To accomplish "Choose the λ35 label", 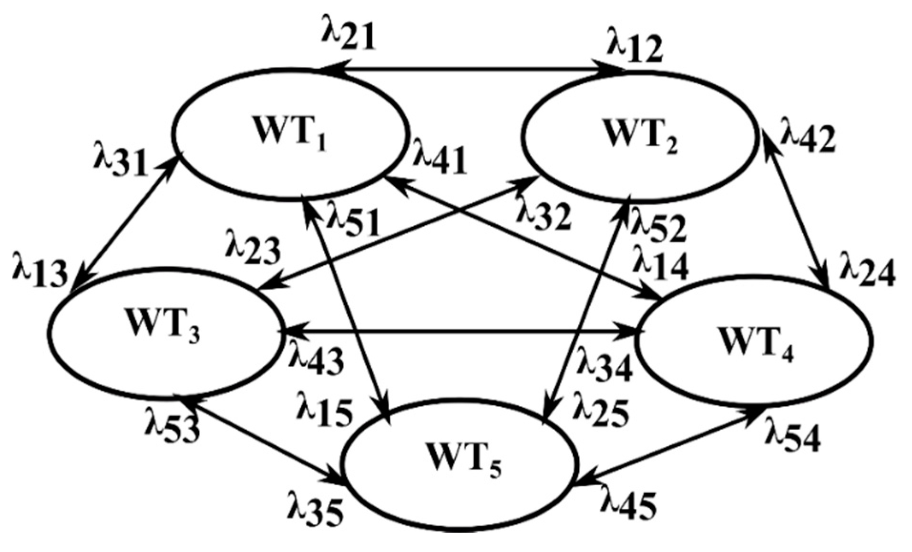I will pos(315,510).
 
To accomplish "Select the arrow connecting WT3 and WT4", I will pos(458,330).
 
